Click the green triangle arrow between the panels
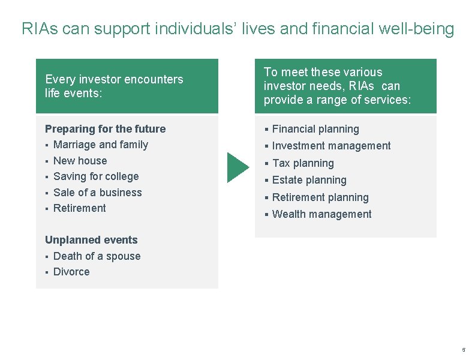237,167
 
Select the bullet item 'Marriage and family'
100,145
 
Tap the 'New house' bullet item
80,161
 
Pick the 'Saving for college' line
96,176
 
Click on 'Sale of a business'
97,193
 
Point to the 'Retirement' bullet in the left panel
79,208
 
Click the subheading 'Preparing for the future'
105,129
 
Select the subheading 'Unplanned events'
91,240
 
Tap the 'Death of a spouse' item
97,256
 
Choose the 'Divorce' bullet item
71,272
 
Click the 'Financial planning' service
315,129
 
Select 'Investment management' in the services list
331,146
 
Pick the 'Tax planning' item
303,163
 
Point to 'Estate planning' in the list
309,180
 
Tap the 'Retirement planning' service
320,197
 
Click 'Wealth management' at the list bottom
321,214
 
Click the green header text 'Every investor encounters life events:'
114,86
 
